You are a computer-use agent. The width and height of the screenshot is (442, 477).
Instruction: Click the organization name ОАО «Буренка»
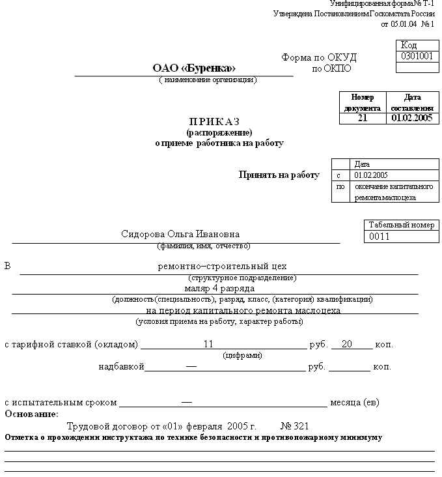tap(194, 68)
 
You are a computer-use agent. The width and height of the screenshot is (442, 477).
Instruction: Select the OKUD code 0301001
tap(417, 56)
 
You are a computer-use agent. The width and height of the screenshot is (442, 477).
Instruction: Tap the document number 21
tap(363, 118)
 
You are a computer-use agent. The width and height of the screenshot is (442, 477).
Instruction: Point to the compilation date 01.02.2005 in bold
tap(411, 118)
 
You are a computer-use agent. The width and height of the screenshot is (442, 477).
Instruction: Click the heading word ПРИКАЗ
tap(214, 122)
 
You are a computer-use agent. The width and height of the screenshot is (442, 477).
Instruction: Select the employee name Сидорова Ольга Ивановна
tap(180, 235)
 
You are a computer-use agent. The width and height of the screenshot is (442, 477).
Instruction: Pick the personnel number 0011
tap(379, 237)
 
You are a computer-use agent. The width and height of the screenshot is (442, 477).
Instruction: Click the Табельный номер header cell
tap(401, 225)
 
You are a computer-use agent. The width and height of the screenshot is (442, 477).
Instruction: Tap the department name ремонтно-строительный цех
tap(222, 267)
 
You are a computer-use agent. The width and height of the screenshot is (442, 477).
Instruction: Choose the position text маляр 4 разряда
tap(215, 288)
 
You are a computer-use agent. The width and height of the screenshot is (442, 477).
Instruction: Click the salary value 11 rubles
tap(208, 344)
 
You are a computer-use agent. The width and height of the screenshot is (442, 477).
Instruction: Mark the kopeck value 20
tap(346, 344)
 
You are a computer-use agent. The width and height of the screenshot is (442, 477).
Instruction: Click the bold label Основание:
tap(31, 414)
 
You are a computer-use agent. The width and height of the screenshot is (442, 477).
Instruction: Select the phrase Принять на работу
tap(279, 175)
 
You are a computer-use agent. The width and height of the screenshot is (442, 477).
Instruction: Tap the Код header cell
tap(409, 45)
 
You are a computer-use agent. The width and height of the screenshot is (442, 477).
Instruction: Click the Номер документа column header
tap(363, 102)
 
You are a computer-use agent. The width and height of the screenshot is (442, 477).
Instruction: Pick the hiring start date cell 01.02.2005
tap(371, 175)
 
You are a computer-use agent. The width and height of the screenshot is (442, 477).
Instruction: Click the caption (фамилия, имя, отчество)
tap(204, 246)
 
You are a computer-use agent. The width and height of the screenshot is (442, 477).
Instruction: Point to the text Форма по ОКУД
tap(319, 57)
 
